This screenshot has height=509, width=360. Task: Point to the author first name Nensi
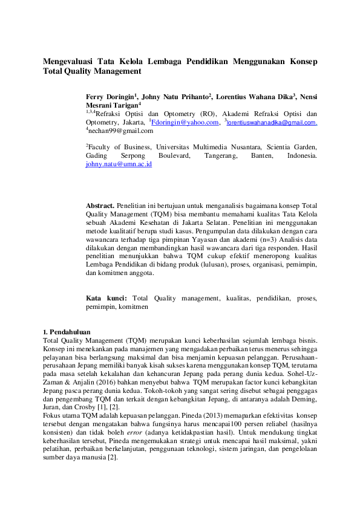pyautogui.click(x=309, y=96)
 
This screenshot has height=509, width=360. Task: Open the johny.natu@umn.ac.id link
pyautogui.click(x=119, y=164)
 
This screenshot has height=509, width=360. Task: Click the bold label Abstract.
pyautogui.click(x=100, y=206)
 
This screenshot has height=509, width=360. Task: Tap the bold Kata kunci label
pyautogui.click(x=106, y=298)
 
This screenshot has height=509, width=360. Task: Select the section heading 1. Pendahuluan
pyautogui.click(x=67, y=332)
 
